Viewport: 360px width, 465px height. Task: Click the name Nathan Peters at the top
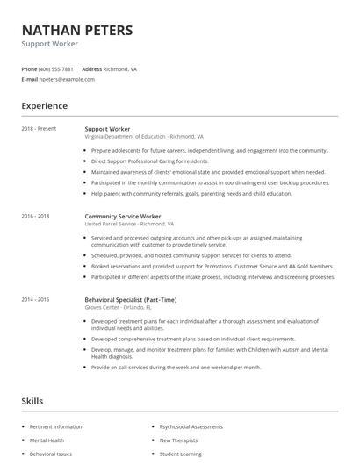coord(77,31)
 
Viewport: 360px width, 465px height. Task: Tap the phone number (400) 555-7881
coord(56,68)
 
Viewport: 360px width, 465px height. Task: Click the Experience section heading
coord(45,106)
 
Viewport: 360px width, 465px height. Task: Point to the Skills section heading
coord(32,401)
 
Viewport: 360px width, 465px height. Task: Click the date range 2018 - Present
coord(39,129)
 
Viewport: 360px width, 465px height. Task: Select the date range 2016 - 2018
coord(36,215)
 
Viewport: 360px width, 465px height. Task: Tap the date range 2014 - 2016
coord(36,299)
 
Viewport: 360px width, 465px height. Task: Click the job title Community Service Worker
coord(123,215)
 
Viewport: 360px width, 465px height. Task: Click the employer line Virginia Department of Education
coord(144,137)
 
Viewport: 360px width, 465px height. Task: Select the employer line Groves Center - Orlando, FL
coord(119,307)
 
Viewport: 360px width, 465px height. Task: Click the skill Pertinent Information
coord(56,426)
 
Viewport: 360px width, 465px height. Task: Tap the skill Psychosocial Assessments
coord(191,426)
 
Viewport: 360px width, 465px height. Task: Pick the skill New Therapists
coord(179,440)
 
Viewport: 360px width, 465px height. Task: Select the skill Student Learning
coord(180,454)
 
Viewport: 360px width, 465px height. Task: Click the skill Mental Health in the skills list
coord(47,440)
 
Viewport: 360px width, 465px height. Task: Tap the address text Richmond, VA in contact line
coord(121,68)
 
